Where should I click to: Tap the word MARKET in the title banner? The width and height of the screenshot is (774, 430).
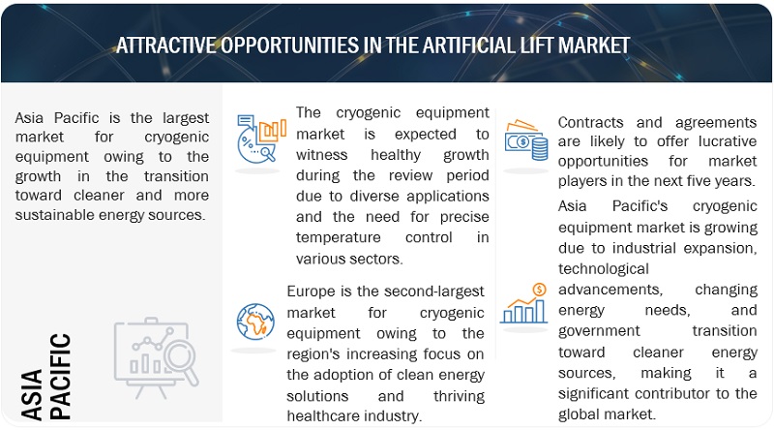pyautogui.click(x=594, y=46)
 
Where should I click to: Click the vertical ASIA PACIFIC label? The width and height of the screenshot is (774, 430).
pyautogui.click(x=45, y=377)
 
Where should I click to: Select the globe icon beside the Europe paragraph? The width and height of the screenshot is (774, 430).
pyautogui.click(x=255, y=322)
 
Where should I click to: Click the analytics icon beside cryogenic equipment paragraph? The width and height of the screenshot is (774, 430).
pyautogui.click(x=260, y=138)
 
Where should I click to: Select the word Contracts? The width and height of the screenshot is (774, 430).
pyautogui.click(x=590, y=122)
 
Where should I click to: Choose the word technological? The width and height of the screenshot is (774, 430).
pyautogui.click(x=603, y=269)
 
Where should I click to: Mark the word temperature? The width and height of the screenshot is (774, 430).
pyautogui.click(x=338, y=237)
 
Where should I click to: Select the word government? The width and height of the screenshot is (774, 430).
pyautogui.click(x=599, y=331)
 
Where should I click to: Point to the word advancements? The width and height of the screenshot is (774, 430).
pyautogui.click(x=610, y=290)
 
